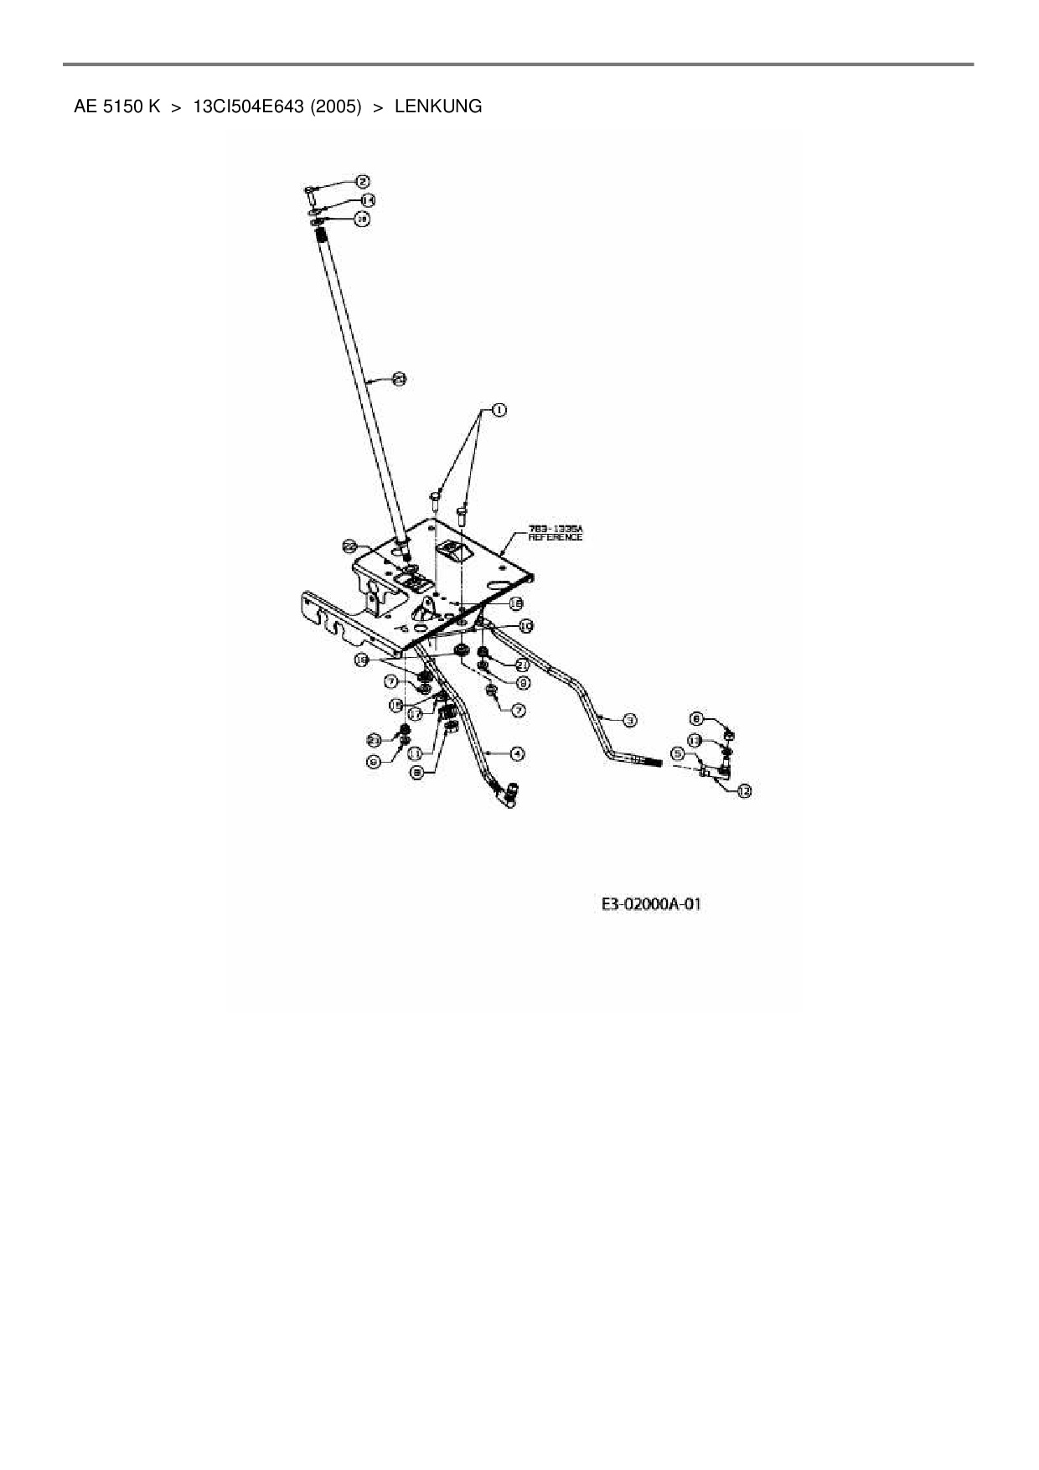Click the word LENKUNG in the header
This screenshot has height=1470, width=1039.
pyautogui.click(x=437, y=106)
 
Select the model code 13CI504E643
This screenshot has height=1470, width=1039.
pyautogui.click(x=248, y=106)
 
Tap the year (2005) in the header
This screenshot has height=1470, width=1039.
pyautogui.click(x=336, y=106)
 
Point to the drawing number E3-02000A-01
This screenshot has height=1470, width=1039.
pyautogui.click(x=651, y=904)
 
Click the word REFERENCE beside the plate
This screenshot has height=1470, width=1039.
pyautogui.click(x=555, y=537)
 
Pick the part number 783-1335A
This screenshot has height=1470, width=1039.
pyautogui.click(x=555, y=529)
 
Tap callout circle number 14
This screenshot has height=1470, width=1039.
pyautogui.click(x=367, y=200)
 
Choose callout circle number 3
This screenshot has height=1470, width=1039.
pyautogui.click(x=629, y=719)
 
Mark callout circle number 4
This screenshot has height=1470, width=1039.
pyautogui.click(x=518, y=753)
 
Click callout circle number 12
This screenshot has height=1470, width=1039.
pyautogui.click(x=743, y=789)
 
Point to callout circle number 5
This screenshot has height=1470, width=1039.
pyautogui.click(x=678, y=753)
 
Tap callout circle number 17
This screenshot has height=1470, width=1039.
pyautogui.click(x=415, y=716)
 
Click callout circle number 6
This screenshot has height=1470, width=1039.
pyautogui.click(x=374, y=760)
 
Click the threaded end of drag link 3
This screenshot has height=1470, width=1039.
pyautogui.click(x=653, y=762)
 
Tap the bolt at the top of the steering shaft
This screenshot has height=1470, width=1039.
pyautogui.click(x=310, y=194)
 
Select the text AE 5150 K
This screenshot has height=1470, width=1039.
pyautogui.click(x=116, y=106)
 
